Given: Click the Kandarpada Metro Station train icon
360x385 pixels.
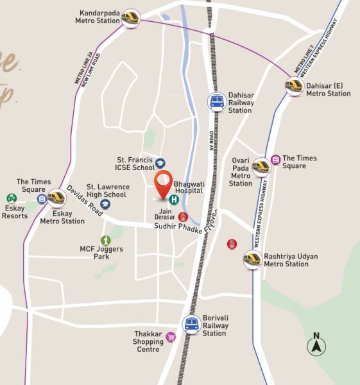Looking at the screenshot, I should tap(132, 17).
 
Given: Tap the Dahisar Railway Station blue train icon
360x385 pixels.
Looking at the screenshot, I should tap(216, 101).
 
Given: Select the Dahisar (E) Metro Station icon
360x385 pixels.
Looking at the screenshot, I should tap(295, 85).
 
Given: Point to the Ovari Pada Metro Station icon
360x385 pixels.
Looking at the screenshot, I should tap(261, 167).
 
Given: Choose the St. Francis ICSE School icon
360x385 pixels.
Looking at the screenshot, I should tap(160, 164).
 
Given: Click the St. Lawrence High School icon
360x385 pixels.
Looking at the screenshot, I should tap(105, 203).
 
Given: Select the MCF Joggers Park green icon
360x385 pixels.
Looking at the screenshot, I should tap(105, 240).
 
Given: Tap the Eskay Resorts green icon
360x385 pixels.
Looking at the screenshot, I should tap(11, 198).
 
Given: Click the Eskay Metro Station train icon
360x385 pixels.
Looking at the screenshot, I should tap(56, 197).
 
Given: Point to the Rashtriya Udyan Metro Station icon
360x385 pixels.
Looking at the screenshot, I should tap(252, 259).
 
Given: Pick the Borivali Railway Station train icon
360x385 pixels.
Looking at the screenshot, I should tap(191, 324).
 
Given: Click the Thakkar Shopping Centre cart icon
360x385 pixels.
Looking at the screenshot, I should tap(171, 337).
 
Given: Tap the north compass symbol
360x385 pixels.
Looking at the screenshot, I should tap(316, 345).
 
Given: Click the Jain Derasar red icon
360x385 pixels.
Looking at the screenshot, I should tap(183, 217).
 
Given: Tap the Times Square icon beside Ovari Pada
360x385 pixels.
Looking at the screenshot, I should tap(275, 159).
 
